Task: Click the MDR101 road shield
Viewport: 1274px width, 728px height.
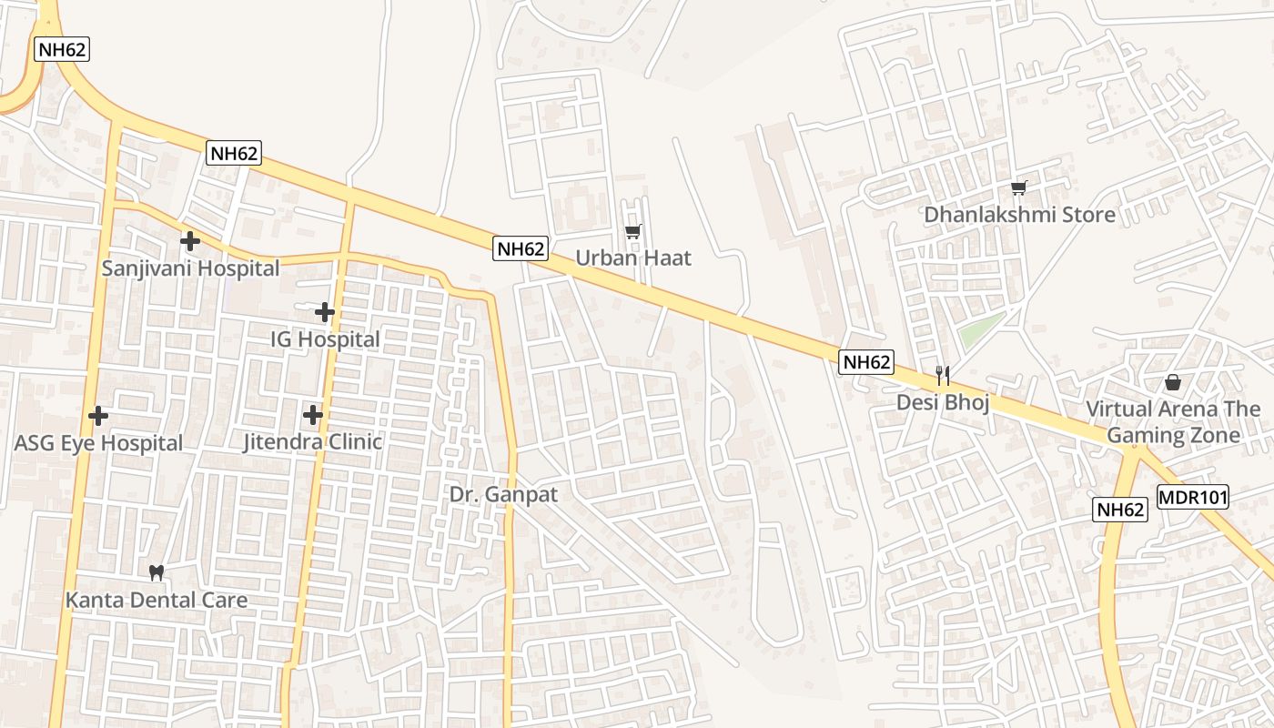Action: click(x=1193, y=498)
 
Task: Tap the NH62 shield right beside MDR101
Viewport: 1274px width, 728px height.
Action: click(x=1120, y=510)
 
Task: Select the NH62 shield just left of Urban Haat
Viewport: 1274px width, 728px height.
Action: click(x=521, y=248)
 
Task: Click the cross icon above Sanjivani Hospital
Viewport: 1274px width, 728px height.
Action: click(x=189, y=241)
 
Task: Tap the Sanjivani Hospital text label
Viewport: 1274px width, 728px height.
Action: click(x=190, y=268)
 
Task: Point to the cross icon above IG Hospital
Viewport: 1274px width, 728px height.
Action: click(x=325, y=312)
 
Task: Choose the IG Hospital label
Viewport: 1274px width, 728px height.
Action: click(x=325, y=339)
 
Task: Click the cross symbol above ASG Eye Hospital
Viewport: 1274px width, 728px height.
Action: click(x=98, y=416)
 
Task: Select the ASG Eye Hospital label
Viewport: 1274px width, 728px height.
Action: click(x=98, y=443)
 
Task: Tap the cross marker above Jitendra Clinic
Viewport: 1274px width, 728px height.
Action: click(x=313, y=415)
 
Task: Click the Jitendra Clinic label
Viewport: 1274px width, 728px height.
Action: click(x=312, y=442)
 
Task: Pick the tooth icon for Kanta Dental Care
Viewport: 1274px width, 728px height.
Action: click(x=156, y=572)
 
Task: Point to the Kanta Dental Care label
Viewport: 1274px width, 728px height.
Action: click(x=157, y=600)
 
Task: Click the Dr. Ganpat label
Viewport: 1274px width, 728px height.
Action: click(x=503, y=495)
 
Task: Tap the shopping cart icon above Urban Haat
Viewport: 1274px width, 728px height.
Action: click(x=632, y=231)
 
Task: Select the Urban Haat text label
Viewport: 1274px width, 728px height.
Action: click(x=633, y=258)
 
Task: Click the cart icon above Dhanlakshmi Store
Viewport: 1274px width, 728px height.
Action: click(x=1018, y=187)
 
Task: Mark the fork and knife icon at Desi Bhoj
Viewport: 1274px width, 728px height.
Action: click(x=943, y=375)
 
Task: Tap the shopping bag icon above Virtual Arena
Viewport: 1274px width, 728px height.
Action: click(x=1173, y=382)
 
